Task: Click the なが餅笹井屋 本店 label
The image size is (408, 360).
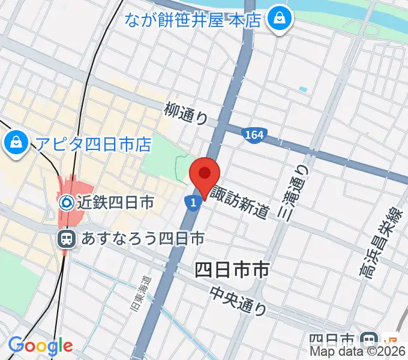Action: coord(193,20)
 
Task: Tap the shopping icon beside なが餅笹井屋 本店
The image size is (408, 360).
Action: coord(279,19)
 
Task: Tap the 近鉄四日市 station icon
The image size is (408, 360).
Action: coord(67,203)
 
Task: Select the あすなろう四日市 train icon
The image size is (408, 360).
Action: coord(67,239)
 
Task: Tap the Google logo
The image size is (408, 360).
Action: coord(40,346)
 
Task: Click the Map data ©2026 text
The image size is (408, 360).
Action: coord(358,353)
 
